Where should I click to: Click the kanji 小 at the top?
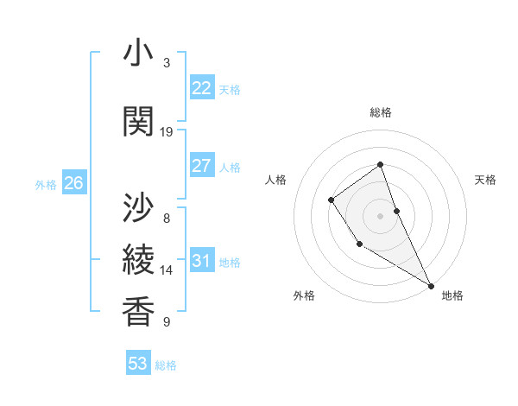click(138, 53)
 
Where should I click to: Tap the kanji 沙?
click(138, 207)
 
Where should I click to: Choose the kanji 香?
click(138, 312)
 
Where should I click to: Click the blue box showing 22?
click(201, 88)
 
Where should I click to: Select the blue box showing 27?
click(201, 166)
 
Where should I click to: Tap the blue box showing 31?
click(201, 261)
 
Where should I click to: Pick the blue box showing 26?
click(73, 183)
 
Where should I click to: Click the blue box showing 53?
click(138, 364)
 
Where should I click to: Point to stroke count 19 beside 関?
click(167, 132)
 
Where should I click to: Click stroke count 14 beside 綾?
click(167, 270)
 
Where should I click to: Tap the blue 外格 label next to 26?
click(46, 184)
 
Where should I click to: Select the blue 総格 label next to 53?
click(166, 365)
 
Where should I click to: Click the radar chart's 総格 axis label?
click(381, 113)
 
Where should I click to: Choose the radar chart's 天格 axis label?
click(486, 180)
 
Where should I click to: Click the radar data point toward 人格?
click(332, 200)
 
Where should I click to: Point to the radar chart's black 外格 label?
click(304, 295)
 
